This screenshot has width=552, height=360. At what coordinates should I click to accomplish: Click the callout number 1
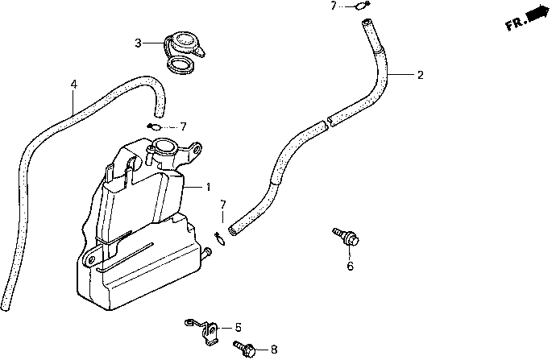pyautogui.click(x=207, y=187)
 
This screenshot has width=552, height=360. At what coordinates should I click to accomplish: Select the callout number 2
pyautogui.click(x=419, y=76)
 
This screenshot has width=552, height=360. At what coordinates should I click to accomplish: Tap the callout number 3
pyautogui.click(x=138, y=43)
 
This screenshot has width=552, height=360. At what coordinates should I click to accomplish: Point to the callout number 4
pyautogui.click(x=73, y=84)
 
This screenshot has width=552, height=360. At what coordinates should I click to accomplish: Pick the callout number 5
pyautogui.click(x=238, y=327)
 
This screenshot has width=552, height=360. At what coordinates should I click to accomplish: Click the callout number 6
pyautogui.click(x=350, y=267)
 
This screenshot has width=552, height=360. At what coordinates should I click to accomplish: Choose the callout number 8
pyautogui.click(x=274, y=350)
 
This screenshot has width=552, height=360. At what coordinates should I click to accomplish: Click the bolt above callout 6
pyautogui.click(x=347, y=237)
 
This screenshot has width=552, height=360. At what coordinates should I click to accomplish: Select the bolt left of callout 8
pyautogui.click(x=246, y=348)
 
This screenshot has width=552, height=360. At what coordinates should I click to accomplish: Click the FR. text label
pyautogui.click(x=516, y=24)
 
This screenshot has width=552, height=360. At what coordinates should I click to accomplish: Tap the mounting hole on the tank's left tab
pyautogui.click(x=92, y=259)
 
